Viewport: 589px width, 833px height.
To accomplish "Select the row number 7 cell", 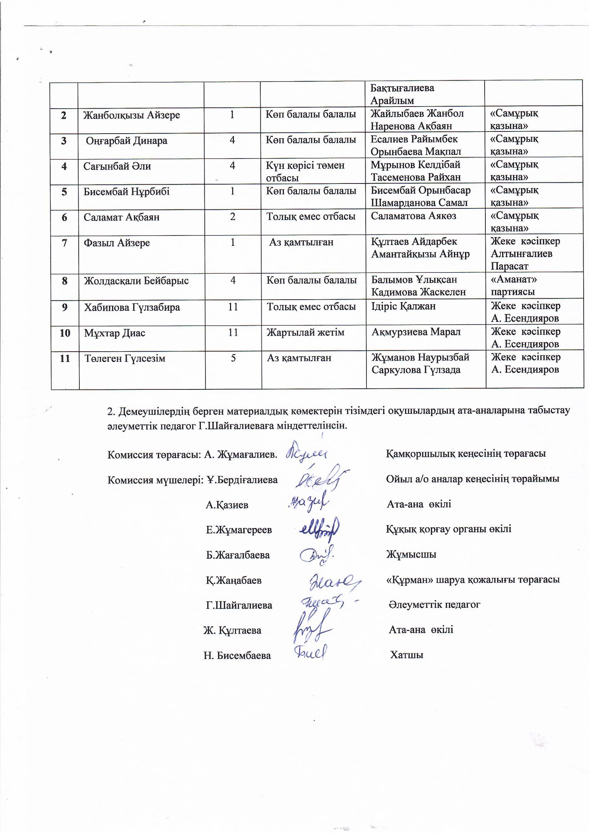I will (x=64, y=243).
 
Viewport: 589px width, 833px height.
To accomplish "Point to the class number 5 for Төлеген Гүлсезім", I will (x=233, y=358).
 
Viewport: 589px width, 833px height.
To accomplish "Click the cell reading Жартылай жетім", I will (x=306, y=332).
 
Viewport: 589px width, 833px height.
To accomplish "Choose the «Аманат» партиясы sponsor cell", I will (x=514, y=285).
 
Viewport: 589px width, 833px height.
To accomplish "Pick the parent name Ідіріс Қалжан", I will (x=403, y=306).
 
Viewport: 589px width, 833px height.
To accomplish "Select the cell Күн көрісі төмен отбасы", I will (x=305, y=171).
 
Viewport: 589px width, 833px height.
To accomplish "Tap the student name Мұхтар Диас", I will (x=115, y=333).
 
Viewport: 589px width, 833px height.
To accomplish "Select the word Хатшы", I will (x=407, y=655).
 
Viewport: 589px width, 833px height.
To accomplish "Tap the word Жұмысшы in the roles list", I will (x=411, y=554).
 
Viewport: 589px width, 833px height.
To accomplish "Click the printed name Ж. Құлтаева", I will (x=232, y=630).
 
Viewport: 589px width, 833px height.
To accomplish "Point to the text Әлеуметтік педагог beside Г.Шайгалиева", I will (x=434, y=604).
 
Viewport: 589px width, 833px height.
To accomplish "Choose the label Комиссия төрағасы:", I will (x=154, y=455).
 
